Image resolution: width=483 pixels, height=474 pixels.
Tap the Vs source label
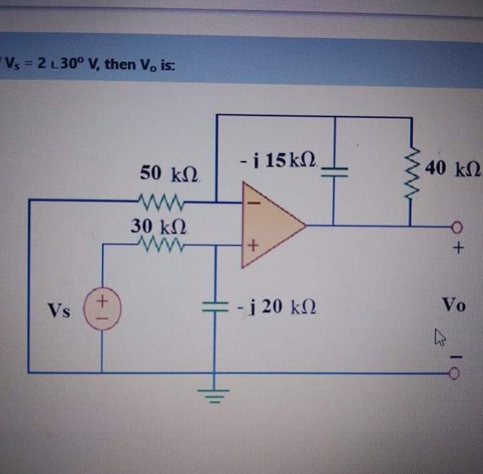[x=58, y=311]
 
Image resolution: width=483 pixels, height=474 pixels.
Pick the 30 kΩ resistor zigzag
[x=156, y=245]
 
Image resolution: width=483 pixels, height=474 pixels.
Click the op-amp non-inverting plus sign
[x=254, y=246]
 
